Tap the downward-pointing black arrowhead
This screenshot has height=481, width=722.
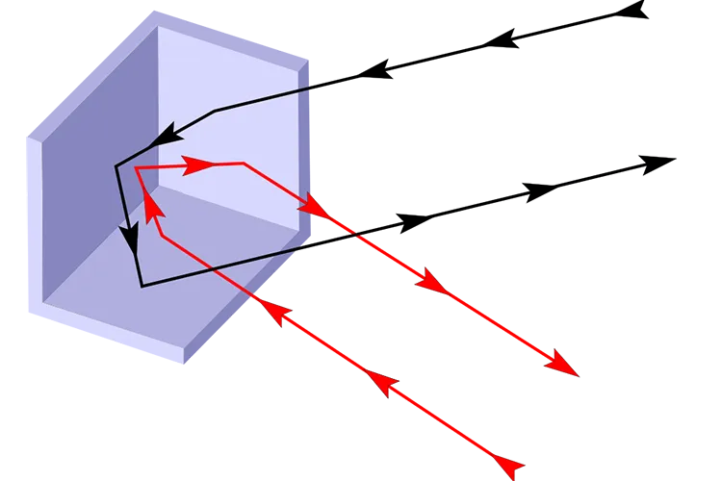127,237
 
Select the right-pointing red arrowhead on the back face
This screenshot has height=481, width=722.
198,165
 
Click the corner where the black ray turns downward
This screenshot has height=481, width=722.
116,166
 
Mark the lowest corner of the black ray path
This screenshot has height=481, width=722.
142,286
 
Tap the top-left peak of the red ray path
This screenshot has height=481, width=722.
136,168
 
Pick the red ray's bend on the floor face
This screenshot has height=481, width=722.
161,234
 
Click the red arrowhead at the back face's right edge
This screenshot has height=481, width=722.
313,205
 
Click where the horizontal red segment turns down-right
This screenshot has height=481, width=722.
245,164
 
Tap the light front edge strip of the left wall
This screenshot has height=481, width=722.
33,221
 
